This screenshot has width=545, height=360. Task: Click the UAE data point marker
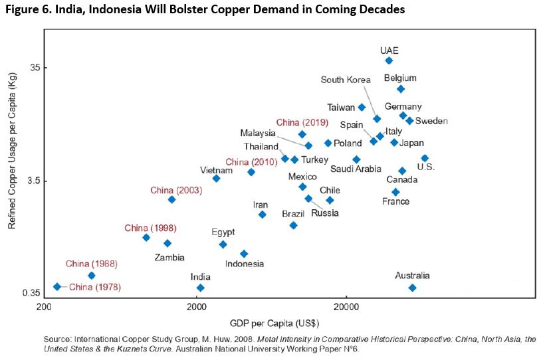tap(389, 60)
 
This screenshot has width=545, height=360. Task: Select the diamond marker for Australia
tap(412, 288)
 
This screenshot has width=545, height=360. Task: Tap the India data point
tap(200, 288)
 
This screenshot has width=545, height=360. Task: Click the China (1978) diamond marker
tap(57, 286)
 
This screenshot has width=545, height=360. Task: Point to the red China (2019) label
tap(298, 122)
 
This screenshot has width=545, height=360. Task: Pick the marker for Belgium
tap(400, 89)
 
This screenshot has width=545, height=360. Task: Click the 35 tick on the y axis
tap(35, 68)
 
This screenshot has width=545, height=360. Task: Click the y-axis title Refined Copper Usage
tap(11, 161)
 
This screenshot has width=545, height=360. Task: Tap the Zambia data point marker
tap(167, 243)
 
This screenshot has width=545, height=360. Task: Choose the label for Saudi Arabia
tap(356, 169)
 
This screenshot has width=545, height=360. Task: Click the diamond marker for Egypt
tap(223, 244)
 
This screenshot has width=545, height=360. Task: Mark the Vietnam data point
tap(216, 178)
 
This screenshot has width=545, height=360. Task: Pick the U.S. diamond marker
tap(425, 158)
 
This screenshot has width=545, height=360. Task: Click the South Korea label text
tap(346, 80)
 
